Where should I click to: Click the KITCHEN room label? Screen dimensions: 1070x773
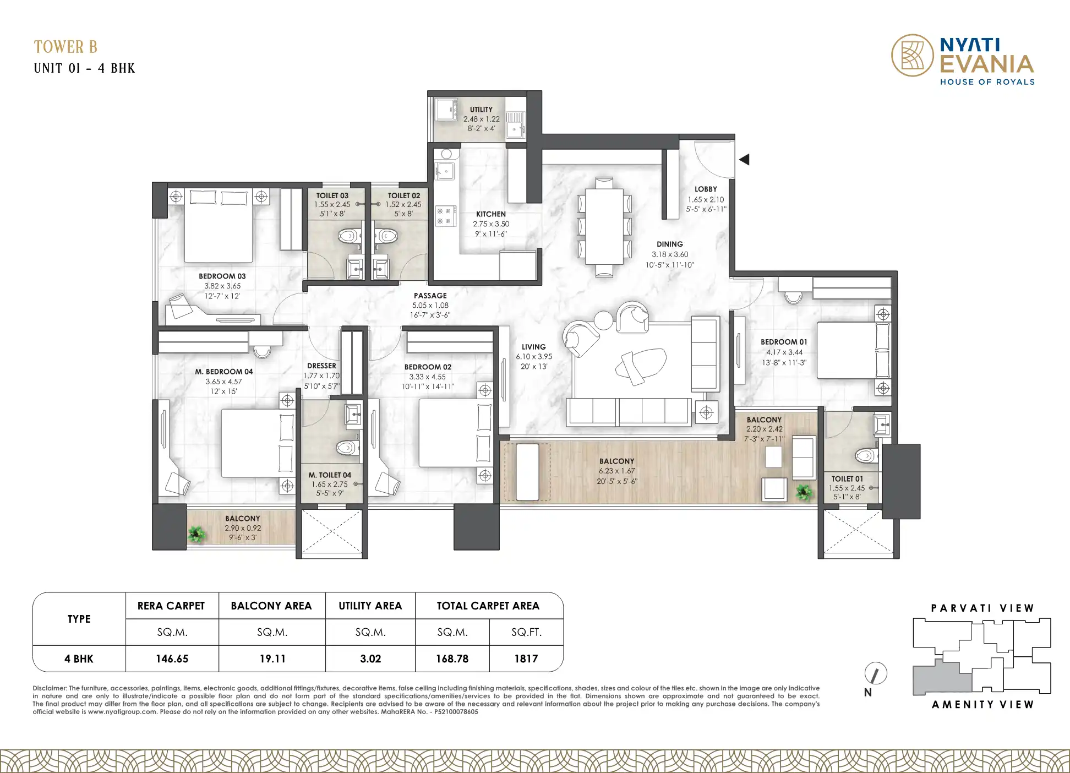(491, 214)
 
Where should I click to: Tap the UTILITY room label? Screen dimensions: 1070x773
(481, 110)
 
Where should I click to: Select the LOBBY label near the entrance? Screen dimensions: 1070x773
(706, 189)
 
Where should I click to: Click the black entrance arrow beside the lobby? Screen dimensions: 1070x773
(744, 160)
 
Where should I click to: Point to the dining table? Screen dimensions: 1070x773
(604, 226)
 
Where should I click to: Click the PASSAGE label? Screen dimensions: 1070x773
(430, 296)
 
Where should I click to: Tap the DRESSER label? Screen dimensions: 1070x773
(321, 366)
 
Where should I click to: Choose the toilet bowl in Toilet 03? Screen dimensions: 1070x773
(348, 237)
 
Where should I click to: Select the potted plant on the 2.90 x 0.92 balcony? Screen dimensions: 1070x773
(196, 533)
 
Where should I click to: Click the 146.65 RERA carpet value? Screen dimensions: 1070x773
(172, 659)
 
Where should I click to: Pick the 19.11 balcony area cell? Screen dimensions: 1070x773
(272, 659)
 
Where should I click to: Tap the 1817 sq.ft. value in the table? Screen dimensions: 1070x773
(526, 659)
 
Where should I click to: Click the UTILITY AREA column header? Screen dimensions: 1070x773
(370, 606)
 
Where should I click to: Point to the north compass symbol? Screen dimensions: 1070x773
(875, 673)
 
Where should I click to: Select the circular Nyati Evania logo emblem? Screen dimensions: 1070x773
(913, 55)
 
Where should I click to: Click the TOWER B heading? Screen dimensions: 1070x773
(65, 47)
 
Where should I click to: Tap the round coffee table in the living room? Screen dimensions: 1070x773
(604, 320)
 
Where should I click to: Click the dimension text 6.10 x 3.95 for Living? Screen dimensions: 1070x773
(534, 357)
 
